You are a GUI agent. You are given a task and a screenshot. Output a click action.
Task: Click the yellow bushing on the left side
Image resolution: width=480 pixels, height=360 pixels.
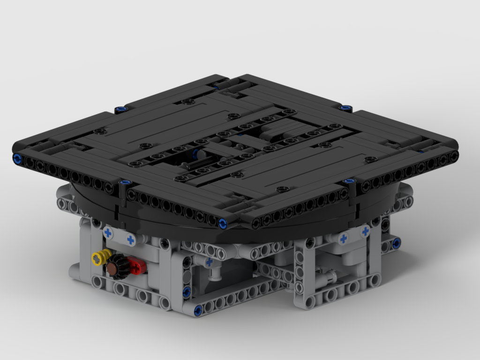[x=99, y=257]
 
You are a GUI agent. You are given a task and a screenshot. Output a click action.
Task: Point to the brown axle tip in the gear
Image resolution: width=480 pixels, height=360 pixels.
[x=112, y=268]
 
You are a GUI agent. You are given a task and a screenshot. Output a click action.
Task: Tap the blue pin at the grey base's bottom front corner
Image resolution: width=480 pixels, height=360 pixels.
[x=198, y=309]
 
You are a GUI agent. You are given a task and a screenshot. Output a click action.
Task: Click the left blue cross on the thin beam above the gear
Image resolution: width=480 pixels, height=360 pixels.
[x=109, y=232]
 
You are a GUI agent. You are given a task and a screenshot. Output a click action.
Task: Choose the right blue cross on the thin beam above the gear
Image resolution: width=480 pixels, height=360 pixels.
[x=130, y=240]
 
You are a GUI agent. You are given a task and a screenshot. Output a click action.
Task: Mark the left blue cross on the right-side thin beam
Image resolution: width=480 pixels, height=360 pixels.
[x=343, y=239]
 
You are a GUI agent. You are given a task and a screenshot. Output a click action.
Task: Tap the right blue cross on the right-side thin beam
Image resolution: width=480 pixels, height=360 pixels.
[x=365, y=231]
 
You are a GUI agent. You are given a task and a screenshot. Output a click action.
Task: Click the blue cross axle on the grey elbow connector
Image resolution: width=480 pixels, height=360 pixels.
[x=209, y=262]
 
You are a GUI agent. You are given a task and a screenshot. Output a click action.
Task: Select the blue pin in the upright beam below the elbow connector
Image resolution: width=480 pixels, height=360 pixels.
[x=187, y=293]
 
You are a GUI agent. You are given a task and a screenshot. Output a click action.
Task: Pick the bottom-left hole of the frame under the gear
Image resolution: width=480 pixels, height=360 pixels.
[x=97, y=282]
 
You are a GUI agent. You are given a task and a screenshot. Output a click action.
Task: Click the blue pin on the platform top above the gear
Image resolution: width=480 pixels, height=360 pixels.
[x=125, y=183]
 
